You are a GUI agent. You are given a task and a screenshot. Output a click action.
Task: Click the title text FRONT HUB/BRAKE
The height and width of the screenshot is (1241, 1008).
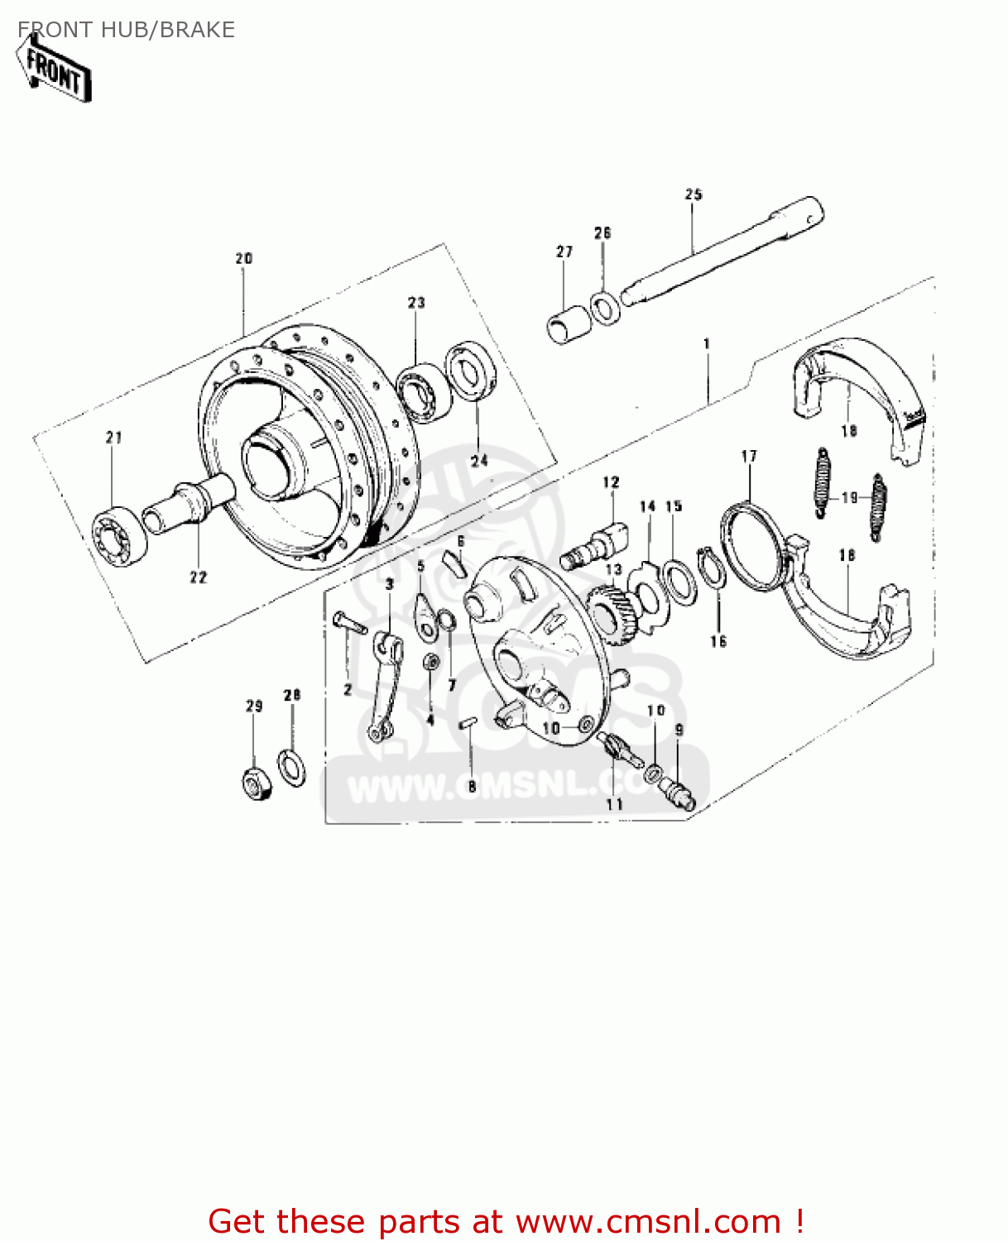click(126, 30)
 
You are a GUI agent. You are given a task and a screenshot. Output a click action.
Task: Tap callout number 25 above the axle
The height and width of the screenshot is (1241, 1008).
click(694, 194)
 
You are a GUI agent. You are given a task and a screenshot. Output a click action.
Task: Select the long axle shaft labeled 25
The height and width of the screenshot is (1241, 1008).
click(720, 252)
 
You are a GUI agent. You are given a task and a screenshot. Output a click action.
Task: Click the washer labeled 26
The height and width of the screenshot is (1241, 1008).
click(605, 308)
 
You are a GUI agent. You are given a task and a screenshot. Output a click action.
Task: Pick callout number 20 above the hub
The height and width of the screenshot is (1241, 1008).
click(243, 259)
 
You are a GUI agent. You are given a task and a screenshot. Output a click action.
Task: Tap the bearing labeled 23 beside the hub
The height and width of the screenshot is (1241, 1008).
click(422, 393)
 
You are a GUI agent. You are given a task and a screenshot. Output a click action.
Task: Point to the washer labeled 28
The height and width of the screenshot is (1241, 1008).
click(291, 766)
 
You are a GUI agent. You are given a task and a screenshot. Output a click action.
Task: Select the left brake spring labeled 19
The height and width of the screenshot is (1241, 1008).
click(821, 483)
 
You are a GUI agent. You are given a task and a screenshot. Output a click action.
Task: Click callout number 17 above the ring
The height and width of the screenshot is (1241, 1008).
click(749, 456)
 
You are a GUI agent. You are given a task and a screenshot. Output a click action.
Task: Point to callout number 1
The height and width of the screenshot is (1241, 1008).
click(706, 343)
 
